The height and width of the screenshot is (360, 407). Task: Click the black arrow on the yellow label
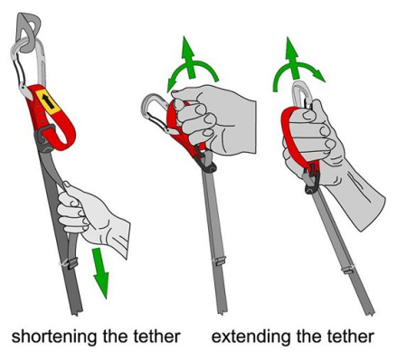point(48,101)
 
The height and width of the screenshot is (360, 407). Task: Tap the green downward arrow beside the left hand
point(100,272)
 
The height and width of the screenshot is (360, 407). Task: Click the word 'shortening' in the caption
point(54,336)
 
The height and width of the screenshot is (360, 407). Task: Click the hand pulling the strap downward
point(90,215)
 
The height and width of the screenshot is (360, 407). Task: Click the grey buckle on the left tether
point(45,138)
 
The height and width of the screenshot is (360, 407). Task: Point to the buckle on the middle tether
point(206,161)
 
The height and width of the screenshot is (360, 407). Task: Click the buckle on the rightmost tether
point(311,181)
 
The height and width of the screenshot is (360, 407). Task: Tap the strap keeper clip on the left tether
point(70,263)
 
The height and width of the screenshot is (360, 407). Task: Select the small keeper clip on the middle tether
point(219,261)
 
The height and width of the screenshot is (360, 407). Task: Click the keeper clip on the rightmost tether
point(348,269)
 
